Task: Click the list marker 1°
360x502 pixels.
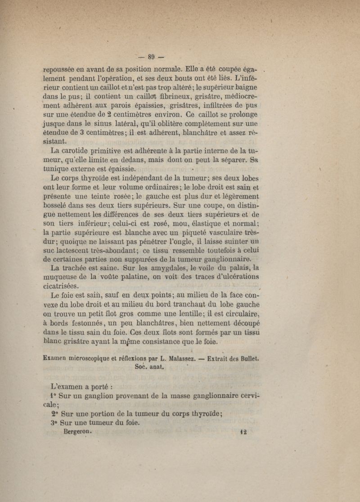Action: tap(53, 396)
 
